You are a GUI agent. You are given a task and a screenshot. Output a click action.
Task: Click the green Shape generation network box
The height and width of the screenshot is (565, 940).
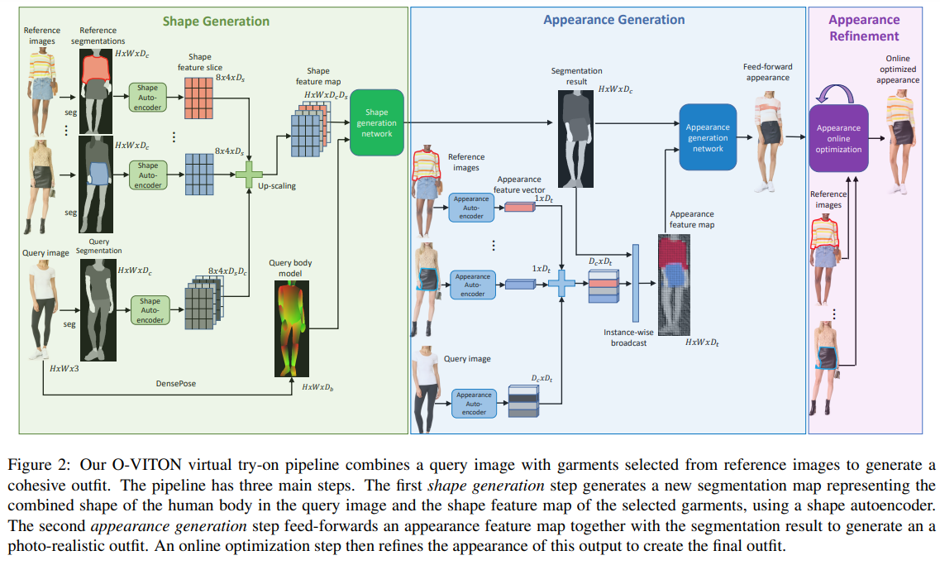(x=376, y=122)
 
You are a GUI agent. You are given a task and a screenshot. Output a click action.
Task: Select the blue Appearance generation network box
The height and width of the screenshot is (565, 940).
(x=707, y=137)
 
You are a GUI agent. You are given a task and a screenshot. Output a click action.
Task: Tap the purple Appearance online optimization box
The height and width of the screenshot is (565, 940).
(x=838, y=138)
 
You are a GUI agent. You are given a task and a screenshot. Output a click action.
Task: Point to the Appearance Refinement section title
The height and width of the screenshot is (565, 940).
(x=863, y=27)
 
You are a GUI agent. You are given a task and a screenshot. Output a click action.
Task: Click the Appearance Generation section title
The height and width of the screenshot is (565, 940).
(x=613, y=20)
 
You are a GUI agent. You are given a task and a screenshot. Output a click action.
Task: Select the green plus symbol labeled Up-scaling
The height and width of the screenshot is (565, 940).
(x=248, y=175)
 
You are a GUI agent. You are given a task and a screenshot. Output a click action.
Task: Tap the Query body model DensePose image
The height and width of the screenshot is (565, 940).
(x=290, y=328)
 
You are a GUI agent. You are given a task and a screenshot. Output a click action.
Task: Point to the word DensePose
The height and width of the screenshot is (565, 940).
(x=175, y=384)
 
